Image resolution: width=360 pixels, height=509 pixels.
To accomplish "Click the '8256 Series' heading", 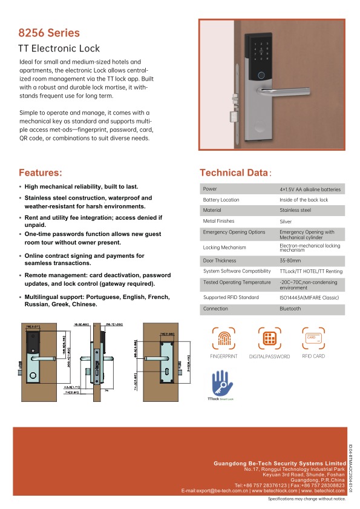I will [49, 33].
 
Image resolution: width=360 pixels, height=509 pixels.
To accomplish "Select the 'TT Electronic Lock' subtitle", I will [59, 48].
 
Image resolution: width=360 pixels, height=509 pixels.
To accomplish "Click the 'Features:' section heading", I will [40, 172].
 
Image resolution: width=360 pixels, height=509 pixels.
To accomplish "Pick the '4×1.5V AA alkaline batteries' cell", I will [310, 189].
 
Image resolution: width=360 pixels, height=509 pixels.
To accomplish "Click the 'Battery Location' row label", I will [221, 200].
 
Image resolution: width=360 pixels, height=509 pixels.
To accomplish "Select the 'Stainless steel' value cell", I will [295, 210].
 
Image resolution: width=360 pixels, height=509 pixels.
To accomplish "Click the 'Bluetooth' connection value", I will [290, 309].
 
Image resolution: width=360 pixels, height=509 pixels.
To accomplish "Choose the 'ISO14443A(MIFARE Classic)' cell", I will [309, 298].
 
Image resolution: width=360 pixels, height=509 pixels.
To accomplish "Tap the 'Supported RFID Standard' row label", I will [231, 298].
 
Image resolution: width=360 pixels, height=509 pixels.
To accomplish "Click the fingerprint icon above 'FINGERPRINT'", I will [224, 338].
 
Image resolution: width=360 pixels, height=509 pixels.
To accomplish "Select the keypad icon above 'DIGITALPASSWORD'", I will [269, 338].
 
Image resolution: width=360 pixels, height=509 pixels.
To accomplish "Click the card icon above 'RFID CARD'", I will [313, 337].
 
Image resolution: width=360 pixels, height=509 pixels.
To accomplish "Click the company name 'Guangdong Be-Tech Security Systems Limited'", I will [279, 463].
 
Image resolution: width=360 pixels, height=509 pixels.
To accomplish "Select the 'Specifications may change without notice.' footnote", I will [306, 499].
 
